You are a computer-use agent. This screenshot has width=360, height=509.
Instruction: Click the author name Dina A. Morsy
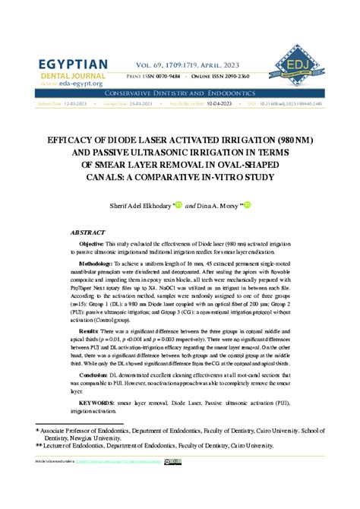tap(219, 205)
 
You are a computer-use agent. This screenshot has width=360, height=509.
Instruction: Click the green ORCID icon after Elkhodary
tap(179, 204)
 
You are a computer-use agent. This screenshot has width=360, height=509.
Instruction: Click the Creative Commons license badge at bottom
tap(174, 461)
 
